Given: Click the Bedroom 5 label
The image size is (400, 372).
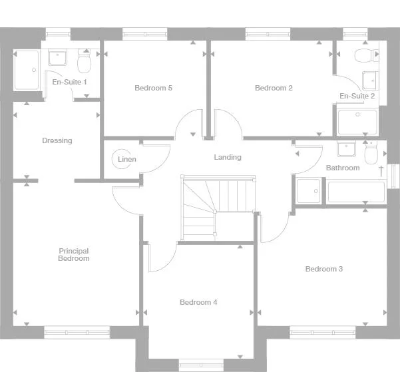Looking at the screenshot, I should click(154, 88).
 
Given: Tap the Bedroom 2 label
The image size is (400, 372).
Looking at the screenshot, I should click(274, 88).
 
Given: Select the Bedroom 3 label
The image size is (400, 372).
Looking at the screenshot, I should click(324, 269).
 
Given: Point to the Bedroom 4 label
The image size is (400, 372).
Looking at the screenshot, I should click(198, 302).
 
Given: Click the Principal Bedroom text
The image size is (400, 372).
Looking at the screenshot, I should click(74, 255).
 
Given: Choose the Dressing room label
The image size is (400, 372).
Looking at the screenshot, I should click(57, 140).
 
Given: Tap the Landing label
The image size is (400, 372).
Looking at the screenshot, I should click(228, 158).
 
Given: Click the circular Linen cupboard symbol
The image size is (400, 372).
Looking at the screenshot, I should click(122, 160).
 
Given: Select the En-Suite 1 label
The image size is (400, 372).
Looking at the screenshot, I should click(70, 82).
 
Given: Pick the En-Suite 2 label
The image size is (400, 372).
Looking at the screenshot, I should click(357, 96).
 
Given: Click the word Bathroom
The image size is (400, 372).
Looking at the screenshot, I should click(343, 168).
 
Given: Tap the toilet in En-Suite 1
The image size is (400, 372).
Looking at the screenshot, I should click(84, 62).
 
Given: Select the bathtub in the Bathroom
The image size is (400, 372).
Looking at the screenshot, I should click(356, 192).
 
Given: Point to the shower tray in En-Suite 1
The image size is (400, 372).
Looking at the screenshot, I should click(27, 70).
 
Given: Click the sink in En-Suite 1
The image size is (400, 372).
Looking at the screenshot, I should click(58, 58).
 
